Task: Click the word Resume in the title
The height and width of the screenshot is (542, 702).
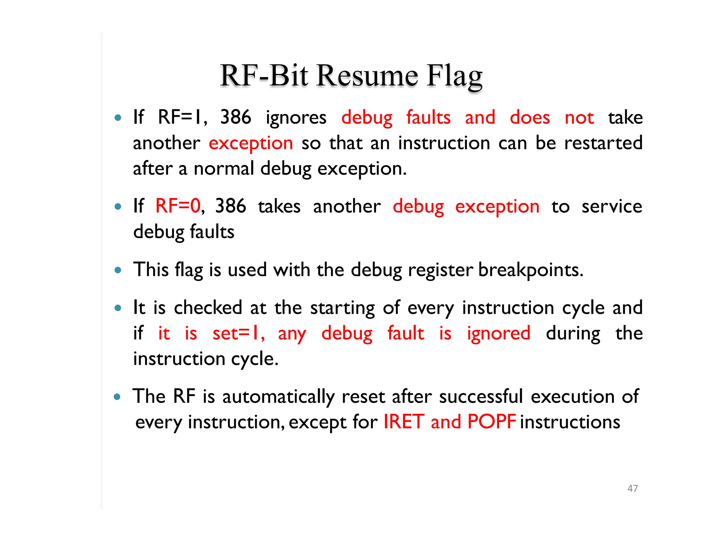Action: click(x=367, y=76)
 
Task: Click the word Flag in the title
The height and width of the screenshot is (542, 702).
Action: click(x=455, y=76)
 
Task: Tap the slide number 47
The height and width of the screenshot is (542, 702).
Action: click(x=632, y=488)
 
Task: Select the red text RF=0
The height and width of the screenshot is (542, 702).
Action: click(x=178, y=206)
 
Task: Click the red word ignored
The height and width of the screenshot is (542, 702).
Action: click(x=498, y=333)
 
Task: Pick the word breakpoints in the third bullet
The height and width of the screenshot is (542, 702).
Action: click(x=530, y=270)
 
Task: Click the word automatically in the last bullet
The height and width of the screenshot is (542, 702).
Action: click(x=278, y=396)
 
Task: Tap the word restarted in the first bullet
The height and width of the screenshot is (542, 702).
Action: click(x=603, y=143)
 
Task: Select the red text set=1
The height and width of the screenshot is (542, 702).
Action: click(x=238, y=333)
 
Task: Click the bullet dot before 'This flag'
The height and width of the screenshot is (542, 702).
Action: click(x=118, y=270)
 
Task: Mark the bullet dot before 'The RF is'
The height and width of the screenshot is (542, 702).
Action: click(x=118, y=397)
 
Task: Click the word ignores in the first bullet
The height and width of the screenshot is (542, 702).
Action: click(x=296, y=118)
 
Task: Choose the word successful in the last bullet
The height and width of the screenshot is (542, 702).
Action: click(x=481, y=396)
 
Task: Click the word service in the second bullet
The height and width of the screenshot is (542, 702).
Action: click(x=612, y=206)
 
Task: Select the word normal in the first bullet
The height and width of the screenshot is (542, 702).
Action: click(x=224, y=169)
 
